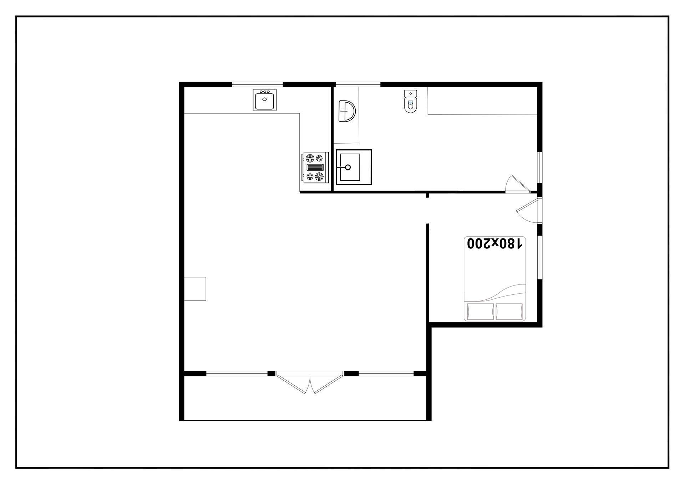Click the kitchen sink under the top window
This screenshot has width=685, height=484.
265,100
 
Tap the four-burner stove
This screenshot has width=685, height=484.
315,168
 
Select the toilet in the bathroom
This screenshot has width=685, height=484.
411,102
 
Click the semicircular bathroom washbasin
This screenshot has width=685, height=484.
347,111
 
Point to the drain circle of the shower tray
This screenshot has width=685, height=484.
348,167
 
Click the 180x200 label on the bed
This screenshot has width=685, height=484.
495,243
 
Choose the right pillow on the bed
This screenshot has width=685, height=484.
509,311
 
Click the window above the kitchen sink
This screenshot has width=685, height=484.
257,84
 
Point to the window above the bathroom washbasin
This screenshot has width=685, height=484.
358,84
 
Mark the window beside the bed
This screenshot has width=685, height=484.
540,257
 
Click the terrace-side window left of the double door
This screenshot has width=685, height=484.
237,374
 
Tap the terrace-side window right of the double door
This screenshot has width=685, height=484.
386,374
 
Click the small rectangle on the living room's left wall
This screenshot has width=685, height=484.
195,289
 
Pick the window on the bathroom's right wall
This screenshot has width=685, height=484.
540,168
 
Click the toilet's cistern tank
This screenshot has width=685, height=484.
411,93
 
